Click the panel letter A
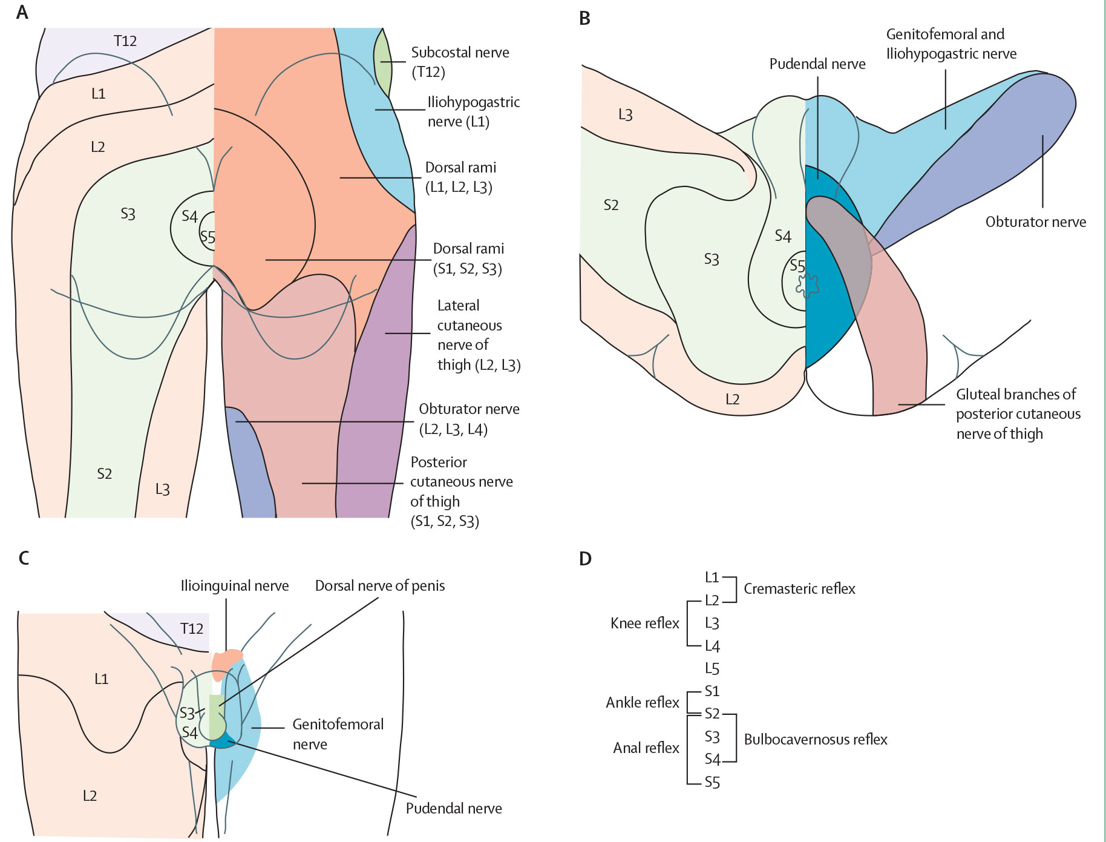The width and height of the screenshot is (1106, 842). [x=22, y=13]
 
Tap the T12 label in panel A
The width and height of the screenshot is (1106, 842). [x=125, y=41]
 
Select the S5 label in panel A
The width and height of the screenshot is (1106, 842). [x=208, y=237]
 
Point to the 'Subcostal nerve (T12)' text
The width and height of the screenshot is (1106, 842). [x=460, y=62]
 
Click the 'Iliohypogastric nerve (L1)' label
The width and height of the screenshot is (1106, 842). [x=473, y=112]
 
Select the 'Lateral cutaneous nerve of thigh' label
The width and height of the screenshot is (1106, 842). [x=478, y=335]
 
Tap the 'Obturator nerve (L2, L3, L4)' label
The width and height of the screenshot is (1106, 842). [x=469, y=419]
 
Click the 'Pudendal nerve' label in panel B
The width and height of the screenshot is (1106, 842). [x=817, y=64]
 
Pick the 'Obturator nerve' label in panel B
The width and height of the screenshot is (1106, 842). [x=1035, y=222]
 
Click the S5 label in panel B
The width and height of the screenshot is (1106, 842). [x=797, y=266]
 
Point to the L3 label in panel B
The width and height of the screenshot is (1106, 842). [x=625, y=115]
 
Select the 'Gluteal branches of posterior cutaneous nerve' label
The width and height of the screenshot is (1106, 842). [x=1018, y=414]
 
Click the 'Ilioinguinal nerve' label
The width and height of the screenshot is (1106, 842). [x=235, y=586]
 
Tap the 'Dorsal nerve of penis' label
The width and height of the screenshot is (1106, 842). [x=380, y=586]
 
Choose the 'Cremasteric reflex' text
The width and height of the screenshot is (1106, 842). [x=799, y=589]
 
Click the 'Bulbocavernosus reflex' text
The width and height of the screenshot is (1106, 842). [x=816, y=740]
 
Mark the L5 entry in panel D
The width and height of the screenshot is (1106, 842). [x=712, y=669]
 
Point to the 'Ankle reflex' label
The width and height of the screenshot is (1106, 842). [x=643, y=703]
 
